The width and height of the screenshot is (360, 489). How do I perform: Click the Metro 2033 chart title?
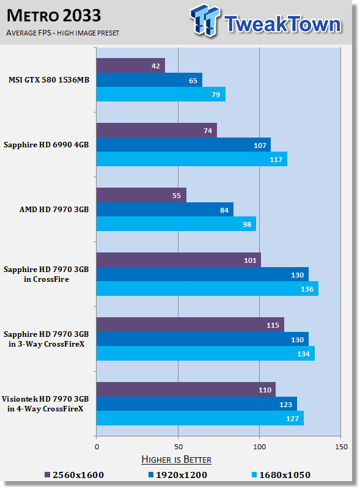pyautogui.click(x=54, y=16)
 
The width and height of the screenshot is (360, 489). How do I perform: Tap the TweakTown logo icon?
pyautogui.click(x=205, y=20)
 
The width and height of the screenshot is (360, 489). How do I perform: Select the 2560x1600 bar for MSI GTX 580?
pyautogui.click(x=131, y=65)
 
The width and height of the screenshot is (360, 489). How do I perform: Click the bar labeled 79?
pyautogui.click(x=161, y=94)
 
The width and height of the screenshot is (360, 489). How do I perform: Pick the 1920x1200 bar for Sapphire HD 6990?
pyautogui.click(x=183, y=145)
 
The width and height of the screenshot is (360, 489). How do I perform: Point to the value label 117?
pyautogui.click(x=276, y=160)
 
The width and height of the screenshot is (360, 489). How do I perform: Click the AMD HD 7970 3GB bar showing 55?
pyautogui.click(x=141, y=195)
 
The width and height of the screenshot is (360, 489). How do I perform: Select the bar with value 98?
pyautogui.click(x=176, y=224)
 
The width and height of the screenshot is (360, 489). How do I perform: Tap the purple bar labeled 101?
pyautogui.click(x=178, y=260)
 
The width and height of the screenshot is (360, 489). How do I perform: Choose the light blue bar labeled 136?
pyautogui.click(x=207, y=289)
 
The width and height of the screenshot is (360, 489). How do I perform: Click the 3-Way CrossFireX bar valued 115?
pyautogui.click(x=190, y=325)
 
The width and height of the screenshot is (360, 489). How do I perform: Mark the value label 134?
pyautogui.click(x=303, y=354)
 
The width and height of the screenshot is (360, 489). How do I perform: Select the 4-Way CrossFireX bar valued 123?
pyautogui.click(x=197, y=404)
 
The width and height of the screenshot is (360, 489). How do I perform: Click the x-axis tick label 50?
pyautogui.click(x=178, y=447)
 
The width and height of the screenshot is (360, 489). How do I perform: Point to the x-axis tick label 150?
pyautogui.click(x=341, y=447)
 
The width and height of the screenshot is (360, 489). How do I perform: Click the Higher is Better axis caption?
pyautogui.click(x=176, y=460)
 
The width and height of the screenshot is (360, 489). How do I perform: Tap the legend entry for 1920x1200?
pyautogui.click(x=178, y=475)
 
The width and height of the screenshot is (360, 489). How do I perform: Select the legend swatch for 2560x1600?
pyautogui.click(x=48, y=475)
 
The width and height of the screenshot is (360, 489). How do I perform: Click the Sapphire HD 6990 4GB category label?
pyautogui.click(x=46, y=145)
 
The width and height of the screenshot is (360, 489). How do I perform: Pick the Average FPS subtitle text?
pyautogui.click(x=63, y=33)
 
